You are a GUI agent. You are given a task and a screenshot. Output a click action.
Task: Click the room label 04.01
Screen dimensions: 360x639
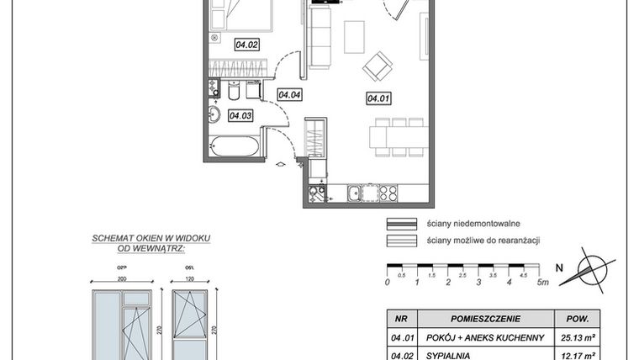click(378, 98)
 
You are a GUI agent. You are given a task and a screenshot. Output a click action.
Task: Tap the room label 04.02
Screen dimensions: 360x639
click(223, 45)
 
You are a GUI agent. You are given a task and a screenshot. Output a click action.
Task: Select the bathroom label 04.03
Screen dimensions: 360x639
click(240, 116)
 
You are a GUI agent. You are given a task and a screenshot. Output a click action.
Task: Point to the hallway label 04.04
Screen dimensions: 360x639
click(289, 95)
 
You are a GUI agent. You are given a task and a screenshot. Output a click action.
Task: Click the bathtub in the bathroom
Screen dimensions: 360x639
click(235, 147)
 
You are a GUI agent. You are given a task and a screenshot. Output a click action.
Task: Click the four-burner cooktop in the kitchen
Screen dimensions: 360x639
click(388, 193)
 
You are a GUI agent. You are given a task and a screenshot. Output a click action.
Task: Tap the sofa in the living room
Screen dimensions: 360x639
click(320, 35)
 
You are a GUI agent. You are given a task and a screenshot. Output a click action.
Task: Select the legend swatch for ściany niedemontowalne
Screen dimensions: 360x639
click(401, 224)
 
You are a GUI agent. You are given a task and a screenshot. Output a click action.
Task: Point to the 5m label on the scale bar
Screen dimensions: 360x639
click(543, 283)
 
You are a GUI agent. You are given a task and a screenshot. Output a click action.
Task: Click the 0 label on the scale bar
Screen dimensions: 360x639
click(387, 283)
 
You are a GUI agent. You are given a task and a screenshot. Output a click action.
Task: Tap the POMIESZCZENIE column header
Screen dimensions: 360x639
click(488, 320)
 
